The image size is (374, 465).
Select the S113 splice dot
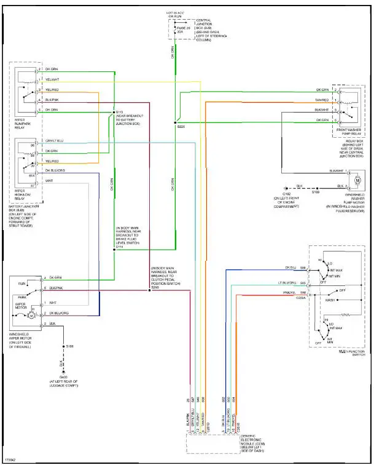pyautogui.click(x=114, y=111)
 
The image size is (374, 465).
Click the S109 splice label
pyautogui.click(x=315, y=193)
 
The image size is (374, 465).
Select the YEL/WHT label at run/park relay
pyautogui.click(x=52, y=79)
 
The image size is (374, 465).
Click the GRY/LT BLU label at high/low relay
pyautogui.click(x=54, y=140)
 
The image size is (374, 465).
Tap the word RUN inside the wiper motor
pyautogui.click(x=22, y=284)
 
